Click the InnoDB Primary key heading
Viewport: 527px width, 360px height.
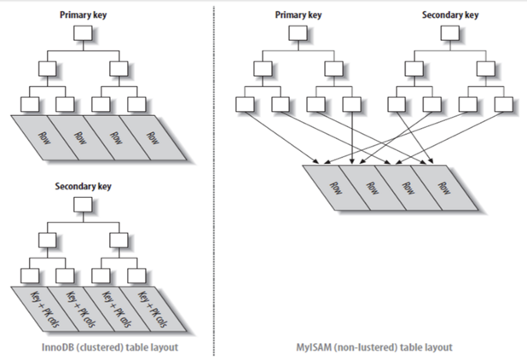[83, 15]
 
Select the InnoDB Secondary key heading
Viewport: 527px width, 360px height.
[83, 185]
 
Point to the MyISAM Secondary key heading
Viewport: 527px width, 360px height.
[450, 15]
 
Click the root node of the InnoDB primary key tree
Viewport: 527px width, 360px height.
[83, 34]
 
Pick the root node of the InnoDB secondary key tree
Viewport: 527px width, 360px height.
[83, 205]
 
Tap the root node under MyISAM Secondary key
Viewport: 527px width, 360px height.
[450, 34]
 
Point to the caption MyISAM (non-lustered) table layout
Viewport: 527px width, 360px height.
[375, 347]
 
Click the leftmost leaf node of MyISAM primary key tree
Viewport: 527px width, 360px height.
[245, 103]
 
